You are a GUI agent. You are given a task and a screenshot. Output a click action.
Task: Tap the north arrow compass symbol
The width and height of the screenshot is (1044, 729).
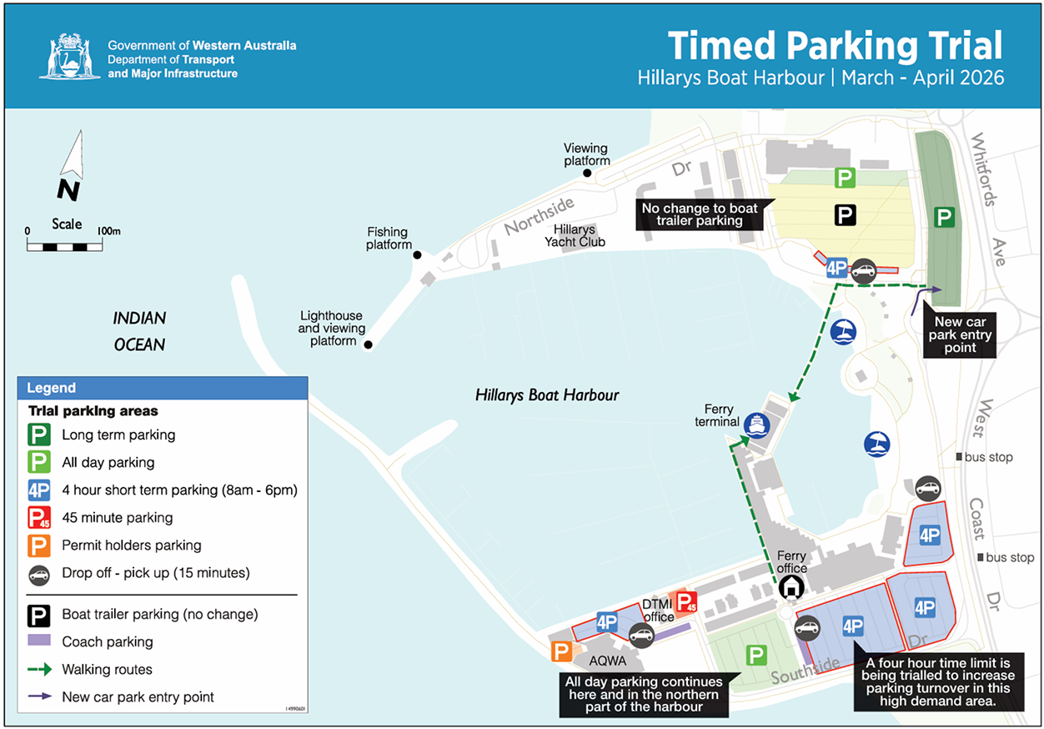[x=70, y=166]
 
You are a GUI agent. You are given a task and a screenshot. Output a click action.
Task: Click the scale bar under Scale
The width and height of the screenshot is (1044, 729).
[x=65, y=246]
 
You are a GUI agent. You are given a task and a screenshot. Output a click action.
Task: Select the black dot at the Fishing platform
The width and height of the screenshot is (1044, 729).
[x=418, y=255]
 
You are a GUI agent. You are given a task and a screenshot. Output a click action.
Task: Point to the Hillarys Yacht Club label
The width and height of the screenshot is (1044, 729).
[x=575, y=236]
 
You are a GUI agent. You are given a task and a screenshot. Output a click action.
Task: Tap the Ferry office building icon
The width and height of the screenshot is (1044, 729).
[x=791, y=587]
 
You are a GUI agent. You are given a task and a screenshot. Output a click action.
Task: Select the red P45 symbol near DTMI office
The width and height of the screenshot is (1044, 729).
[x=685, y=603]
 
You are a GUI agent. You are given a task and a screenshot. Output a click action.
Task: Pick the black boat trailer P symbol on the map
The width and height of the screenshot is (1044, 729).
[x=846, y=215]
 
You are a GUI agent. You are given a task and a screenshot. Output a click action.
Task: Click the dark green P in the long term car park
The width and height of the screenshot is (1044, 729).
[x=945, y=218]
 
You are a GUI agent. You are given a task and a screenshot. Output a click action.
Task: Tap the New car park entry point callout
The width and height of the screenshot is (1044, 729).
[x=960, y=334]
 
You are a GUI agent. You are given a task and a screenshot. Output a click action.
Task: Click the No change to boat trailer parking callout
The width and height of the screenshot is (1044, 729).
[x=699, y=214]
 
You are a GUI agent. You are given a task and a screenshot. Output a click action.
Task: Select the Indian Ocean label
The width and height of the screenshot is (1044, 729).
[x=139, y=331]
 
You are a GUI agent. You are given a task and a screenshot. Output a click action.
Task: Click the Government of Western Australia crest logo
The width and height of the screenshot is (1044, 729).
[x=70, y=57]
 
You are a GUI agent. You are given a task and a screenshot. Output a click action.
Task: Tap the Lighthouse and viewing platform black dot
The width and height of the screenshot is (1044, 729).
[x=368, y=344]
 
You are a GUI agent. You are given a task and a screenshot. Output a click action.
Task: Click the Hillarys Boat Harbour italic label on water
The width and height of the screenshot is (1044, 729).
[x=547, y=395]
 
